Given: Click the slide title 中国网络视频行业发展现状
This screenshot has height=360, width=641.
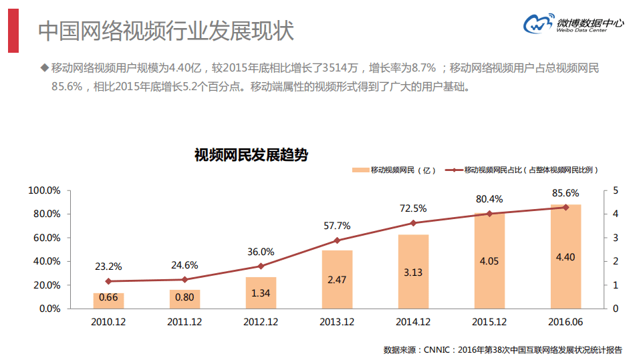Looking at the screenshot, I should tap(166, 31).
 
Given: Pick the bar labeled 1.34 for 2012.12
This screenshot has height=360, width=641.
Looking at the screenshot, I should tap(261, 293).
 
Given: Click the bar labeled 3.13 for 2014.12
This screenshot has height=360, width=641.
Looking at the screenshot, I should tap(413, 271).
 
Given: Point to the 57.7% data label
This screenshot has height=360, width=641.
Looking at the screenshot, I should tap(337, 226).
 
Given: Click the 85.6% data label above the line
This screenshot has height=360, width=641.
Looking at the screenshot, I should tap(565, 193).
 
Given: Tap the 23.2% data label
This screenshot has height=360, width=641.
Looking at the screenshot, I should tap(108, 266).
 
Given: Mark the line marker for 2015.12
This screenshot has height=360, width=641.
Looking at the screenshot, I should tap(489, 214).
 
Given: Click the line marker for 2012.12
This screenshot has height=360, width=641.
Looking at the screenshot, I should tap(261, 266).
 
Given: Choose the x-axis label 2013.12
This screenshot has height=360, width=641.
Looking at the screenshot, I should tap(337, 321).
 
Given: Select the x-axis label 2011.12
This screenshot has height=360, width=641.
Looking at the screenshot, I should tap(184, 321).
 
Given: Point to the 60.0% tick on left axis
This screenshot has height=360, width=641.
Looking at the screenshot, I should tap(45, 238).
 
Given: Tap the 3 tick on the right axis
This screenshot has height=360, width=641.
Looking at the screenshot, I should tap(615, 238).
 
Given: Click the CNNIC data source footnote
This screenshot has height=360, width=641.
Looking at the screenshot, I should tap(503, 349).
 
